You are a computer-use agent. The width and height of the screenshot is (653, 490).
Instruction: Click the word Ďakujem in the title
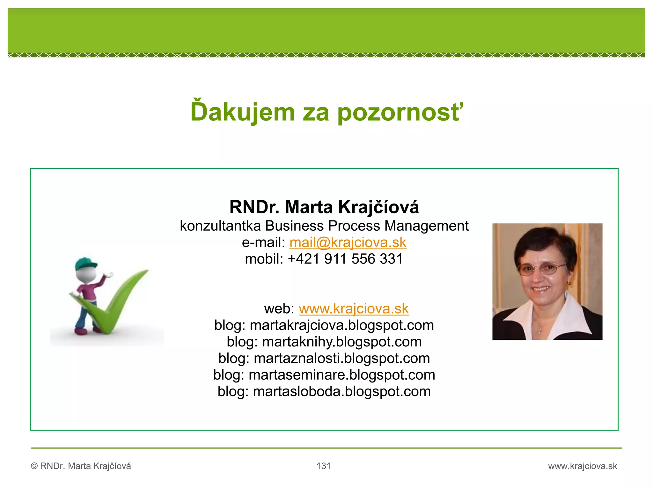point(243,112)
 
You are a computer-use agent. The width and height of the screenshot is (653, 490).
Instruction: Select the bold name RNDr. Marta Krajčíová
point(324,207)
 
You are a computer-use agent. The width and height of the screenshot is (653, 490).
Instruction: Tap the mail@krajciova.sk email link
point(348,242)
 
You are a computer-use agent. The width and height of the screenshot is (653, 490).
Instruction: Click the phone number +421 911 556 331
point(345,259)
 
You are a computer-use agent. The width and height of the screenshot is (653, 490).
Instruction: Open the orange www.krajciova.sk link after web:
point(354,309)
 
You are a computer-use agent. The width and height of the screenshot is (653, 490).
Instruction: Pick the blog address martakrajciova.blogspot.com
point(342,325)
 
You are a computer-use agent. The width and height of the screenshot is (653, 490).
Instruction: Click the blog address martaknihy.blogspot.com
point(342,342)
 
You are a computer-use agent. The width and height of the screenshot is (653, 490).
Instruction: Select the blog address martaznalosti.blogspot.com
point(342,359)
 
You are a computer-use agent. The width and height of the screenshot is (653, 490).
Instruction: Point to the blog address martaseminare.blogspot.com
point(342,375)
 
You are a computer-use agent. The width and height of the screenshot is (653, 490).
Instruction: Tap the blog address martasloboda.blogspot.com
point(342,392)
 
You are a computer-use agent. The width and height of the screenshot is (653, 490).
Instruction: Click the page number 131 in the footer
point(324,466)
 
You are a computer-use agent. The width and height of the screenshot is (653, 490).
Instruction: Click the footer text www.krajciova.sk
point(583,466)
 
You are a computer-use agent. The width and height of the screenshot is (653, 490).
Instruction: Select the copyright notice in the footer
point(81,466)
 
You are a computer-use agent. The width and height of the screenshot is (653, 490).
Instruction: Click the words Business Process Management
point(367,226)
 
